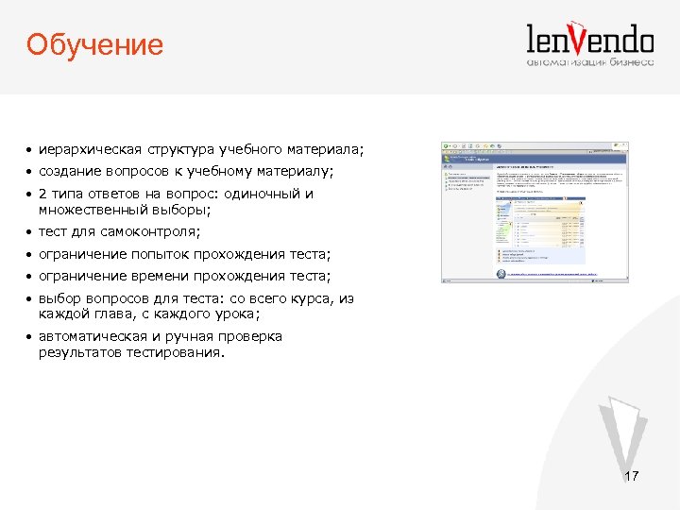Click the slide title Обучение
[94, 43]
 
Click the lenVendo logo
[589, 40]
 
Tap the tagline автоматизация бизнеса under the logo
[589, 63]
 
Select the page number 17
[631, 477]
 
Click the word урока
[232, 314]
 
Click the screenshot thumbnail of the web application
[535, 213]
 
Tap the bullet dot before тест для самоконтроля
[30, 232]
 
